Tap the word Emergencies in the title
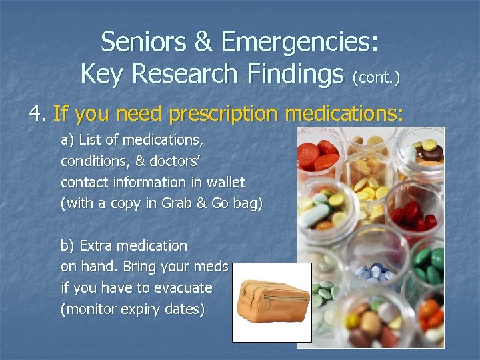click(x=301, y=43)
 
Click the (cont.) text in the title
click(x=377, y=77)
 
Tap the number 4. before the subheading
click(x=37, y=114)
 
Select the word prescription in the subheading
click(x=225, y=115)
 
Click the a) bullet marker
click(x=68, y=141)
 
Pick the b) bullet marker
click(x=68, y=246)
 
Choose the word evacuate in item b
click(x=180, y=289)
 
